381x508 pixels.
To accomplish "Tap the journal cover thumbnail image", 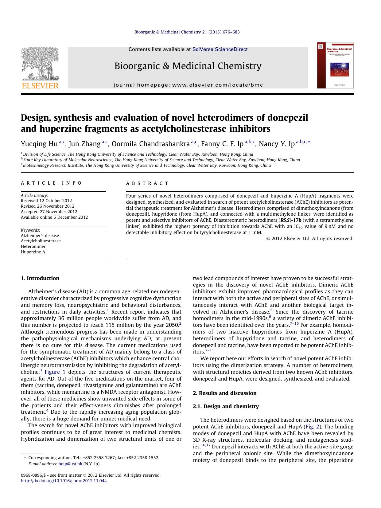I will (335, 65).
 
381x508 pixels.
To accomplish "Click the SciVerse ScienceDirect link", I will (220, 49).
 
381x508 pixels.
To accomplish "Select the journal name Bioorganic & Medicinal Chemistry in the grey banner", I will (188, 66).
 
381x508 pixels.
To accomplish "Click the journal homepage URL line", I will (188, 85).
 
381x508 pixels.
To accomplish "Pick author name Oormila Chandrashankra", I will (151, 144).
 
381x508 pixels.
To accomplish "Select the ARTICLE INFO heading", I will (51, 183).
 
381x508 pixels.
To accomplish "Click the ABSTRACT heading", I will (147, 183).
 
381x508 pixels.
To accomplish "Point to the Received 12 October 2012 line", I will (46, 201).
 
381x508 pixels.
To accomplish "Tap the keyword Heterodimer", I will (33, 246).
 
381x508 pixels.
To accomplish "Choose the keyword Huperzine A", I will (33, 252).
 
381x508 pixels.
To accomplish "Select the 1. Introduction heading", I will (40, 278).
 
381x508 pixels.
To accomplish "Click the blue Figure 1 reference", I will (55, 372).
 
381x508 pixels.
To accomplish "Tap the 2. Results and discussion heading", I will (224, 393).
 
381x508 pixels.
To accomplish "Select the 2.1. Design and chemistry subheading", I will (226, 406).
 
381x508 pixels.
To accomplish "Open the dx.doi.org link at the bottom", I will (64, 481).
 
